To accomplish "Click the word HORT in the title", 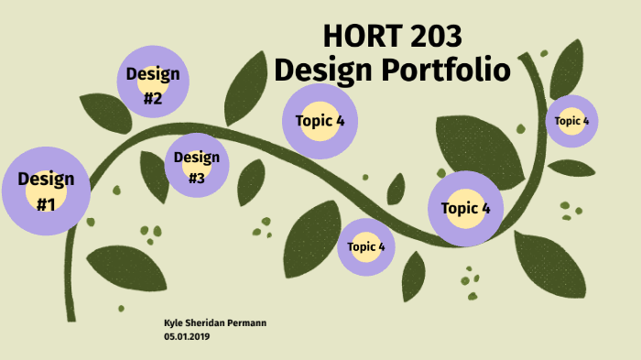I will coord(357,36).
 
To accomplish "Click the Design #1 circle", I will coord(46,191).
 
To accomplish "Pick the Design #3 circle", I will coord(196,167).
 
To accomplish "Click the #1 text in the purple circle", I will coord(46,203).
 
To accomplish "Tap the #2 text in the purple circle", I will coord(153,97).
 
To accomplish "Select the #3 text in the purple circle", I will coord(196,179).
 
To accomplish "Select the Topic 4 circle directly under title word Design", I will coord(319,120).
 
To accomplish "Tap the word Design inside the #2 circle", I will coord(153,73).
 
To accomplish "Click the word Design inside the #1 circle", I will coord(46,178).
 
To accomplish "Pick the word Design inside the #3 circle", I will coord(196,157).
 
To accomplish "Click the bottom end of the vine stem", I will coord(70,316).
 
